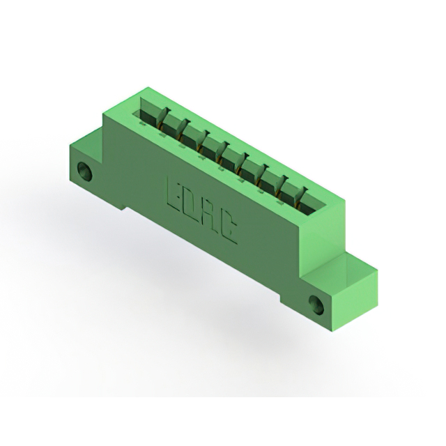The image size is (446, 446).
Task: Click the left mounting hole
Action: tap(85, 171)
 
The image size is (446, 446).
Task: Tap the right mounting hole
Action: tap(316, 305)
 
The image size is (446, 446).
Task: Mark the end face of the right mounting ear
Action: tap(355, 302)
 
